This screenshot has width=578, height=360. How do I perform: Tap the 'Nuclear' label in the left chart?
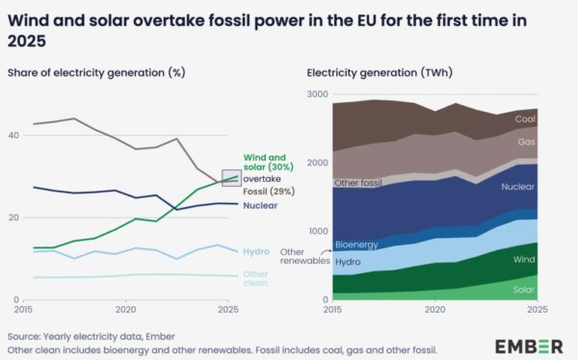(260, 205)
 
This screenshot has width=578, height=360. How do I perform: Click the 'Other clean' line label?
(256, 278)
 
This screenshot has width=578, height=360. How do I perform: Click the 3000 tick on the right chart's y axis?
(318, 94)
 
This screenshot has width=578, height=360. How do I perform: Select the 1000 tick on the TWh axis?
(318, 232)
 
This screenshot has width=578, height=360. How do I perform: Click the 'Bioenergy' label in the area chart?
(355, 244)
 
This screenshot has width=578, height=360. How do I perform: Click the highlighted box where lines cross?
(230, 178)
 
